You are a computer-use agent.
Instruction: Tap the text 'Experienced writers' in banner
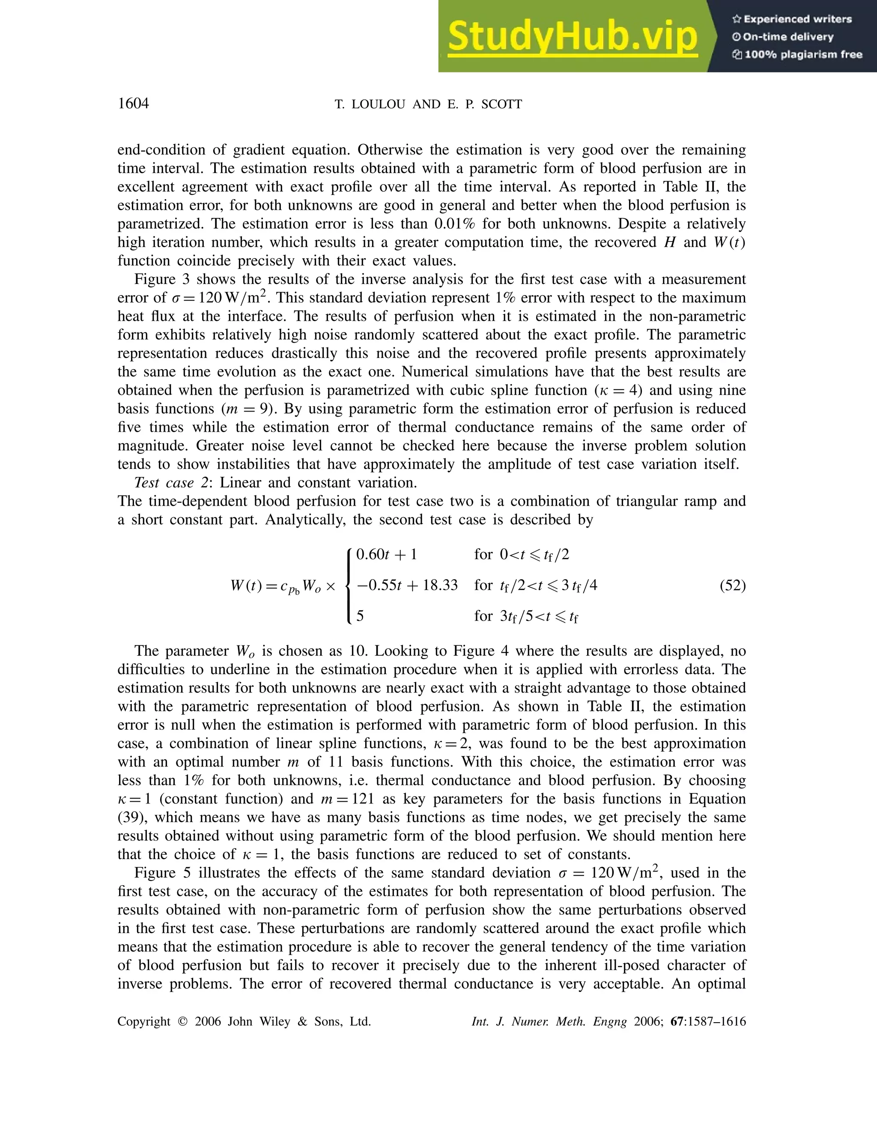coord(797,19)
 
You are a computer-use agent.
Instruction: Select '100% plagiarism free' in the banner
coord(803,54)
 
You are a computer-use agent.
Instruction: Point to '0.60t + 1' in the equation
coord(386,554)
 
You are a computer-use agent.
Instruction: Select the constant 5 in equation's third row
coord(360,616)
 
